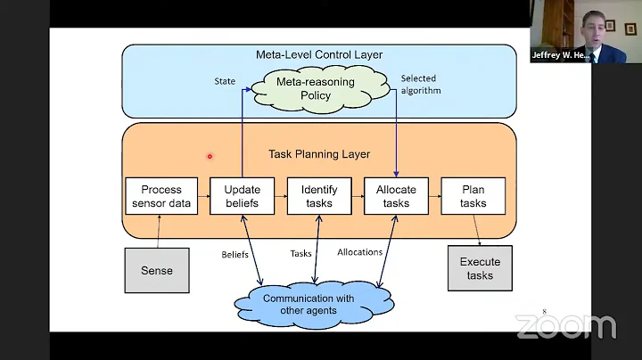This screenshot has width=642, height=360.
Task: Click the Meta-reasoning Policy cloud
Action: click(316, 88)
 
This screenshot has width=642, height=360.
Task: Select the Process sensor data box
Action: click(161, 196)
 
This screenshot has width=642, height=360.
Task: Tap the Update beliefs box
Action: click(242, 196)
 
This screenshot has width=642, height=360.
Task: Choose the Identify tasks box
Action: click(318, 196)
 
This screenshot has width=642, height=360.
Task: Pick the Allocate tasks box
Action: click(396, 196)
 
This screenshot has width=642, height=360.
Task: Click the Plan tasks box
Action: click(473, 196)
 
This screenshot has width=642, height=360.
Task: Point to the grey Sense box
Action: click(156, 270)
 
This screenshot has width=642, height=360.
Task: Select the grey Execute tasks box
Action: click(480, 268)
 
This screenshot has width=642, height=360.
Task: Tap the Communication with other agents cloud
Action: click(308, 304)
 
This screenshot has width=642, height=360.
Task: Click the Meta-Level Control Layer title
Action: click(318, 55)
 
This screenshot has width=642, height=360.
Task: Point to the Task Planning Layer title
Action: click(318, 154)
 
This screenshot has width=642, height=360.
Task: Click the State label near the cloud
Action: click(225, 81)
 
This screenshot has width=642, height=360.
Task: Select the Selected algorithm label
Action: click(420, 84)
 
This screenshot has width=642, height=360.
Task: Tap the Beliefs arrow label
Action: click(235, 254)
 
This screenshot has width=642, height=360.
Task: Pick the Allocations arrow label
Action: click(359, 252)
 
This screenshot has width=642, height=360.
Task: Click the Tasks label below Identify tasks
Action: click(300, 254)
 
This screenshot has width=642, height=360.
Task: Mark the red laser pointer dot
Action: click(210, 156)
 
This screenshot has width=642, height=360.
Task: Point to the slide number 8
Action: click(544, 312)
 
